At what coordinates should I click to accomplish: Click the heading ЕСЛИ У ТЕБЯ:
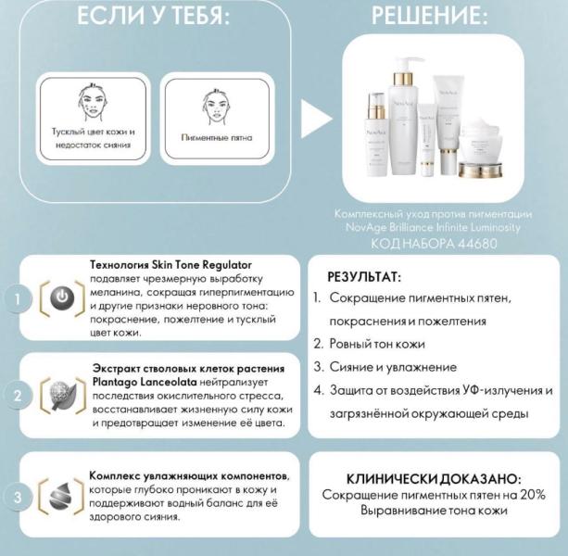(154, 15)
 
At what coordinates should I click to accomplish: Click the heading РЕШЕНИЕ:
(430, 15)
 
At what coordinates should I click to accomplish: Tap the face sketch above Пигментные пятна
(216, 107)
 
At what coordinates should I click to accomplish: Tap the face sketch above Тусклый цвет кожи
(92, 102)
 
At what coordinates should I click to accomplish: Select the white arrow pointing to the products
(316, 119)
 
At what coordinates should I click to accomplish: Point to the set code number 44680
(477, 243)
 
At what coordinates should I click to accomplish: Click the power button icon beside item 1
(62, 298)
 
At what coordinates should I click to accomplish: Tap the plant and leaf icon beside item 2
(63, 395)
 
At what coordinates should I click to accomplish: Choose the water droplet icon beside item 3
(61, 497)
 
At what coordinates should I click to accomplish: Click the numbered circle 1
(18, 299)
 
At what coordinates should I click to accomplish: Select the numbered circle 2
(18, 396)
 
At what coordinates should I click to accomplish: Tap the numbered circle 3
(18, 497)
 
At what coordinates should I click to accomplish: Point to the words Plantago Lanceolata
(145, 382)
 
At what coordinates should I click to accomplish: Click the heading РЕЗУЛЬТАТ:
(364, 277)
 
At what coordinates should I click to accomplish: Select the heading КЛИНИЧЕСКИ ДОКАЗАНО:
(434, 479)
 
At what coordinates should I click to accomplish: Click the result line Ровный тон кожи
(377, 344)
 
